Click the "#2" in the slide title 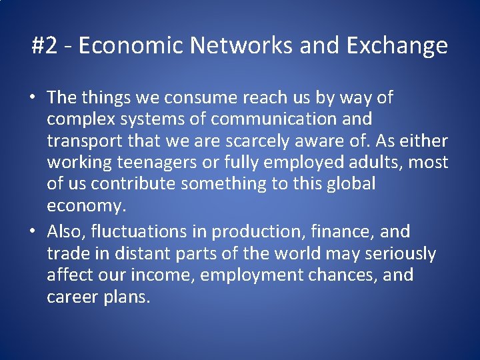tap(45, 46)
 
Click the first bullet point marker tap(32, 98)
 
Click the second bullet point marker tap(32, 232)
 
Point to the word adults tap(373, 163)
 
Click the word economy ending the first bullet tap(85, 206)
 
